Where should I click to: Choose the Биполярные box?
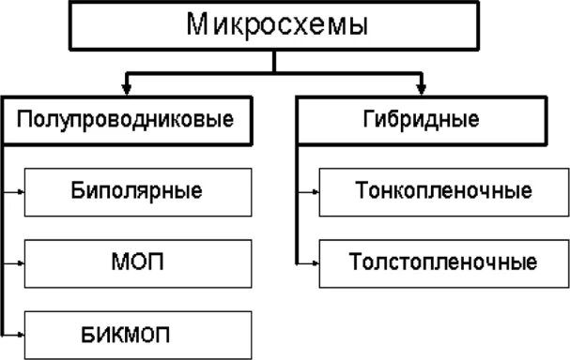coord(136,192)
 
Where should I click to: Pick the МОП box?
coord(136,262)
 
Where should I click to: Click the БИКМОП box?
coord(136,333)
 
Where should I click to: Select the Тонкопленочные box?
coord(444,192)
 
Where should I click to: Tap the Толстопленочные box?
coord(444,262)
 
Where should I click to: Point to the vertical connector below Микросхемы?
coord(273,61)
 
